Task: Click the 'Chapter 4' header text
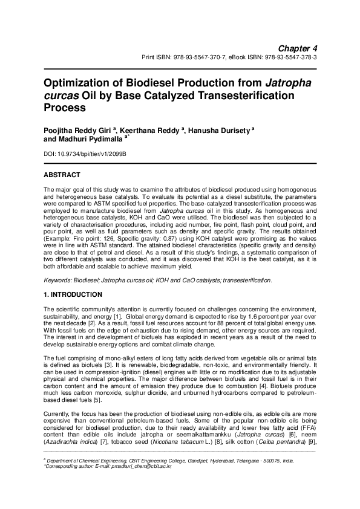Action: click(x=298, y=48)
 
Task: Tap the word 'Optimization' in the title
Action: click(x=81, y=82)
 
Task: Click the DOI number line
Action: click(x=85, y=155)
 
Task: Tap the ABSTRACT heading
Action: click(x=62, y=175)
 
